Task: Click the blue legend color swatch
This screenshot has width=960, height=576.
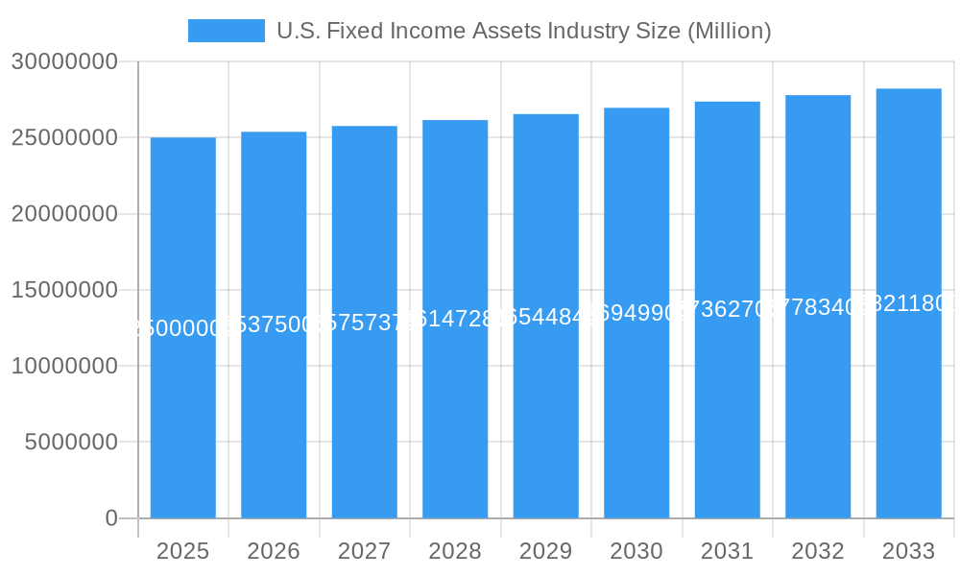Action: [226, 31]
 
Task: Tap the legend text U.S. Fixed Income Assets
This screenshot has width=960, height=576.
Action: [523, 31]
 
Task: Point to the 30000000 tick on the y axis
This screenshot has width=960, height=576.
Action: [64, 61]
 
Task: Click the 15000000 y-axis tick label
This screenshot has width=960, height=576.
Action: [64, 290]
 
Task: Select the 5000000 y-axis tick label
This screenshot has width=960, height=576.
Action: [71, 443]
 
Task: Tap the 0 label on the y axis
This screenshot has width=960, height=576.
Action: [110, 518]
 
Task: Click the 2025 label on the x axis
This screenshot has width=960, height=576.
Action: [182, 551]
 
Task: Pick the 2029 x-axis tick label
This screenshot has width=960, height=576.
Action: [545, 551]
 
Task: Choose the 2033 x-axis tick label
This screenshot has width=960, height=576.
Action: [908, 551]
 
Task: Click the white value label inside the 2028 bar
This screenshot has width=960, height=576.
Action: [455, 319]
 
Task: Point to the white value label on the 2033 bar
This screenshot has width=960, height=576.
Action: [908, 303]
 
